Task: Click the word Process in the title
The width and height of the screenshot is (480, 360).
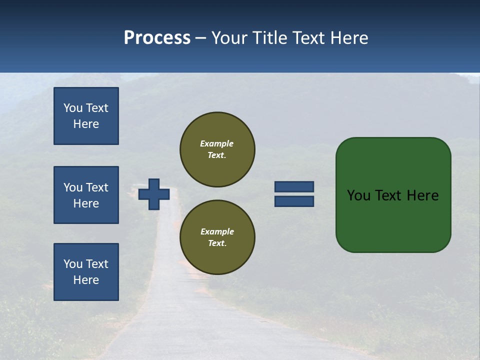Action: pyautogui.click(x=157, y=38)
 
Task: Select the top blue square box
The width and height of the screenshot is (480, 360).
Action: pyautogui.click(x=86, y=116)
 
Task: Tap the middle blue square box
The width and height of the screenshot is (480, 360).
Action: pyautogui.click(x=86, y=195)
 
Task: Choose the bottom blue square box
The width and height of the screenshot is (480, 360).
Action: pyautogui.click(x=86, y=272)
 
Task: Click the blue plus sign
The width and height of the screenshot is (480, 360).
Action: pyautogui.click(x=154, y=194)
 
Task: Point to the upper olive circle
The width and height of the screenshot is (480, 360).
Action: pyautogui.click(x=217, y=149)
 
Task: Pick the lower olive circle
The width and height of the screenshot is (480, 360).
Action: pyautogui.click(x=217, y=237)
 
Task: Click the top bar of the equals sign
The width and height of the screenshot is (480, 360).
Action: pyautogui.click(x=294, y=187)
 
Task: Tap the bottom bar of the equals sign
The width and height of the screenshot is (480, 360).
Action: pyautogui.click(x=294, y=201)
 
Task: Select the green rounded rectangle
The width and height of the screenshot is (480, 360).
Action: pyautogui.click(x=393, y=195)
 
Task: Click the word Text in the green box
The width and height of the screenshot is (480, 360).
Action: pyautogui.click(x=388, y=195)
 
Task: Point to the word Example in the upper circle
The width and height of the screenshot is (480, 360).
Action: pyautogui.click(x=217, y=143)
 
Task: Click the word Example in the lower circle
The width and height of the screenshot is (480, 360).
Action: pyautogui.click(x=217, y=231)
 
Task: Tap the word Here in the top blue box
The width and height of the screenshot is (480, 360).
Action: pyautogui.click(x=86, y=124)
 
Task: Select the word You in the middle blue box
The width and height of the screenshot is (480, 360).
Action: pyautogui.click(x=72, y=187)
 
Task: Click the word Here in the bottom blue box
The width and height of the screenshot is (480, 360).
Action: pyautogui.click(x=86, y=280)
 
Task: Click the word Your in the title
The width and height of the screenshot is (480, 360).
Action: pyautogui.click(x=230, y=38)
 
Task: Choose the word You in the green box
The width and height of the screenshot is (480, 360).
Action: pyautogui.click(x=358, y=195)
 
